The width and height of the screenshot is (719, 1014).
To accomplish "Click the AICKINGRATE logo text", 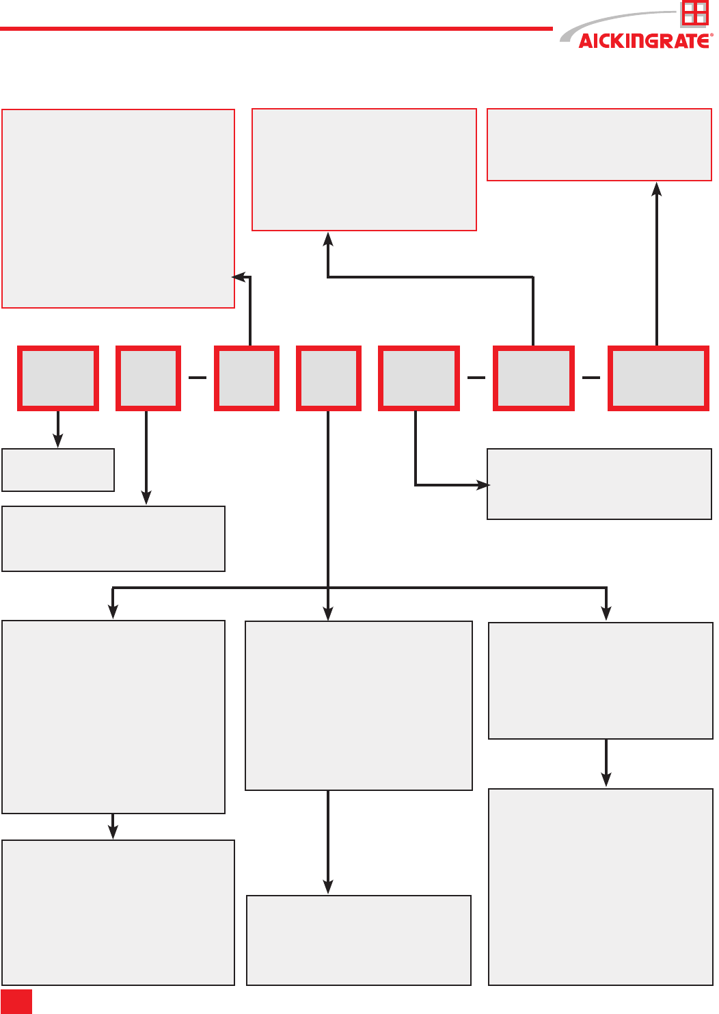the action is pos(643,41).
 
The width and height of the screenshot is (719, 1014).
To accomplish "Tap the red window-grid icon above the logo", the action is pos(694,13).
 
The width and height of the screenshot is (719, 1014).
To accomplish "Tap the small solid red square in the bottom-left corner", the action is pos(16,1001).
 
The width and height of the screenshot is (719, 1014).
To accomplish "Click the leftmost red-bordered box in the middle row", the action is pos(58,378).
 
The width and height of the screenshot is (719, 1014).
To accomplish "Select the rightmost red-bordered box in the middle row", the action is pos(658,378).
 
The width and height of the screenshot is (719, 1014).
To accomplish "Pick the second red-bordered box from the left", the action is pos(148,378).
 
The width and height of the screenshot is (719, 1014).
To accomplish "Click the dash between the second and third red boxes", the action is pos(198,378).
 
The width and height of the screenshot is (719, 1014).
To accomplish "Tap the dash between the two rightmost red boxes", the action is pos(591,378).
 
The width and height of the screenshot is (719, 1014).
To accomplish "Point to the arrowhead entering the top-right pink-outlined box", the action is pos(657,187).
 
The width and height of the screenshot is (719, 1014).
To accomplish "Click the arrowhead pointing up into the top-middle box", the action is pos(328,237).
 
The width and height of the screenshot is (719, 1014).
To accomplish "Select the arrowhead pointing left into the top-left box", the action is pos(239,277).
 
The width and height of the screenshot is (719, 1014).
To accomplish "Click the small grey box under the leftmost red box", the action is pos(58,470).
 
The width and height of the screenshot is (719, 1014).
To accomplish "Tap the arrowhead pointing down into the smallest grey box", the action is pos(58,442).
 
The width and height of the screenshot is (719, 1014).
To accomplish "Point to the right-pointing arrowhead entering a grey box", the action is pos(484,485).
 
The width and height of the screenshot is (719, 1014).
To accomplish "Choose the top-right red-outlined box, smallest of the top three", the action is pos(599,144).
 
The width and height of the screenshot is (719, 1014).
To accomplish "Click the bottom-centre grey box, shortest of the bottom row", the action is pos(359,940).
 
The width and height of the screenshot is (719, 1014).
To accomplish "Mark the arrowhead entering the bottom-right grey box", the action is pos(606,780).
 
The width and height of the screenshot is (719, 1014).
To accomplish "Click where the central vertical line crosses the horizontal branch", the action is pos(329,588).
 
